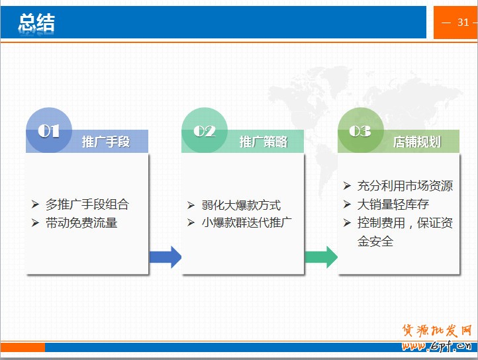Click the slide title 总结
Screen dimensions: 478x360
pos(36,23)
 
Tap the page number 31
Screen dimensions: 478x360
pos(463,22)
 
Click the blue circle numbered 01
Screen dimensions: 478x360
pos(49,130)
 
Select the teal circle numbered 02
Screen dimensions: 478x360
pos(205,130)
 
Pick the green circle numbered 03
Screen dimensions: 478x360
pos(361,130)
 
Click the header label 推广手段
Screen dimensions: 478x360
pos(106,142)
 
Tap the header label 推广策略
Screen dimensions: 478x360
pos(263,142)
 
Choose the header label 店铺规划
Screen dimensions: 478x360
pos(417,142)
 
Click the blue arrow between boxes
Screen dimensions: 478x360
pos(166,257)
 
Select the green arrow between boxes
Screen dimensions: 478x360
pos(321,257)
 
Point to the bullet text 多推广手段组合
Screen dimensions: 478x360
pos(87,204)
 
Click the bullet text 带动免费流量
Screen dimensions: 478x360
pos(81,223)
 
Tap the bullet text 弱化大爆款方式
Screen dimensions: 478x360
pos(241,205)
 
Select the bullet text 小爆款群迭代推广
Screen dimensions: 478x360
pos(247,222)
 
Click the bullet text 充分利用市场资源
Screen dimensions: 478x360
pos(405,186)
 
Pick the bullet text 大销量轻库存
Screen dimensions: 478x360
pos(393,204)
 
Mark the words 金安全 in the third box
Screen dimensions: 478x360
pos(375,242)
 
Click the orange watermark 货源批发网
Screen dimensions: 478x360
pos(436,330)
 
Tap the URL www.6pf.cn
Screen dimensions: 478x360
pos(436,345)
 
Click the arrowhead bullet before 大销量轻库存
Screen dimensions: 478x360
pos(347,204)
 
